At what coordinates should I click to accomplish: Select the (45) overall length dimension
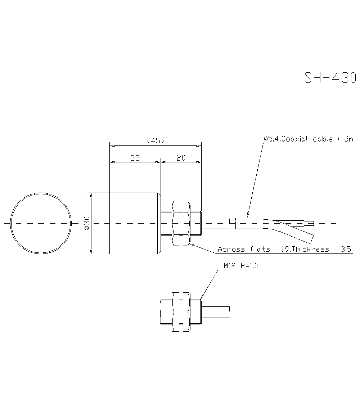pyautogui.click(x=156, y=140)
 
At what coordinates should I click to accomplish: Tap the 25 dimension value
pyautogui.click(x=135, y=158)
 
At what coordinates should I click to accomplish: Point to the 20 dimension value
pyautogui.click(x=181, y=158)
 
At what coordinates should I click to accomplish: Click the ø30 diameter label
pyautogui.click(x=87, y=223)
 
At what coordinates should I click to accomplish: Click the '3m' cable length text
pyautogui.click(x=348, y=139)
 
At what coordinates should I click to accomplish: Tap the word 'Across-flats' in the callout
pyautogui.click(x=244, y=249)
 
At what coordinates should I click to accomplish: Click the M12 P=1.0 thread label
pyautogui.click(x=240, y=266)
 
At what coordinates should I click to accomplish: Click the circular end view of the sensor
pyautogui.click(x=41, y=223)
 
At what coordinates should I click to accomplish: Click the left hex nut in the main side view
pyautogui.click(x=176, y=223)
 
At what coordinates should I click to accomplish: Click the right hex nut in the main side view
pyautogui.click(x=186, y=223)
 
